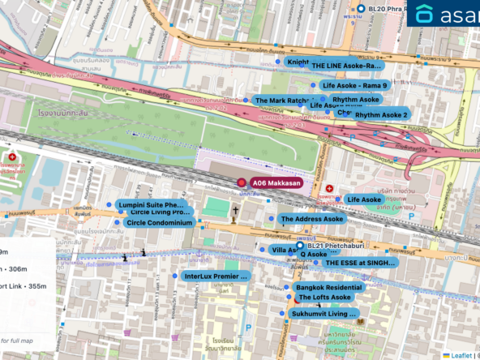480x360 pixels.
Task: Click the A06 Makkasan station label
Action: [276, 183]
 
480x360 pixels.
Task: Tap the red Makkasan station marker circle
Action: [241, 183]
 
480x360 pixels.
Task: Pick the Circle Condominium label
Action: [158, 222]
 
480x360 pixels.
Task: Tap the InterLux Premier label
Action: [215, 276]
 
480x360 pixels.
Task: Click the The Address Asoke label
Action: [311, 219]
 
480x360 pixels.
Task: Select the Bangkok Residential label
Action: [328, 288]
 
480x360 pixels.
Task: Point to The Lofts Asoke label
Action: [324, 298]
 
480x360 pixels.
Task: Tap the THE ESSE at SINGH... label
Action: [360, 263]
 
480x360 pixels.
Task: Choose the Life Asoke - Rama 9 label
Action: [354, 85]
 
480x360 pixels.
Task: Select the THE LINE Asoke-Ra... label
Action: [345, 65]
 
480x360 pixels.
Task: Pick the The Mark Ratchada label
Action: [281, 101]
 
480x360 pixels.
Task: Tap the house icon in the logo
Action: [426, 15]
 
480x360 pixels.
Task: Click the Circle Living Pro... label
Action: [159, 212]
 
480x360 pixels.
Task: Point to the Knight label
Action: [297, 62]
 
